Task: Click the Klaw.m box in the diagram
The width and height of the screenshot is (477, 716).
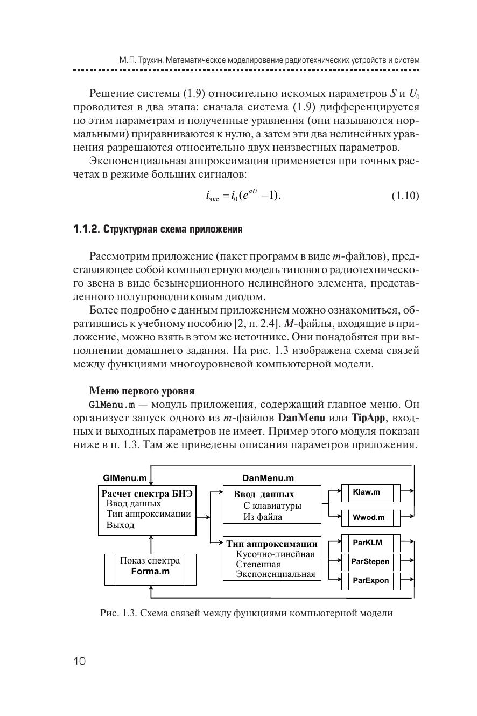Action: click(367, 492)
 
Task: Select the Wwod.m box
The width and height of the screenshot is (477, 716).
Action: click(369, 518)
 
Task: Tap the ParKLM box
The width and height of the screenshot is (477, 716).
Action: click(368, 543)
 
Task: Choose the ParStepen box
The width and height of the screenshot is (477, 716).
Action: click(370, 561)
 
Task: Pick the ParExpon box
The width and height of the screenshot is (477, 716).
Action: click(370, 581)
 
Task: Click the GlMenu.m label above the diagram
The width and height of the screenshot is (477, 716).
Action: click(125, 478)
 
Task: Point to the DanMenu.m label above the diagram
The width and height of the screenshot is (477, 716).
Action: click(268, 478)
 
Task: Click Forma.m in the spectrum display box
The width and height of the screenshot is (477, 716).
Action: click(150, 572)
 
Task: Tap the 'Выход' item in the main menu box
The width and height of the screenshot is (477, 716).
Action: click(120, 525)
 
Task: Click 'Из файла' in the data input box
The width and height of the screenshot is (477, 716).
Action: click(263, 517)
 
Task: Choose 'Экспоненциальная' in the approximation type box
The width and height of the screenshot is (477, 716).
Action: click(276, 574)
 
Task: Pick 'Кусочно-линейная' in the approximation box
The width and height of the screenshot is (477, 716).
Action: click(275, 554)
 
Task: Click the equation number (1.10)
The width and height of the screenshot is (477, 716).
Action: click(405, 196)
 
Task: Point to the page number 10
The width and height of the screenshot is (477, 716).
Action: click(79, 662)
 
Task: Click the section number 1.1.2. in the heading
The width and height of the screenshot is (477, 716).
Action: click(86, 230)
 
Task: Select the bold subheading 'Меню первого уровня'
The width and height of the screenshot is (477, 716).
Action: click(142, 391)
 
